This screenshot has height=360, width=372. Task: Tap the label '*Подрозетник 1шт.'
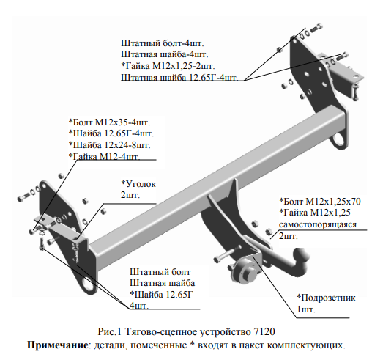[326, 304]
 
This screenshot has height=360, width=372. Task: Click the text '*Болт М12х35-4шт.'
[109, 122]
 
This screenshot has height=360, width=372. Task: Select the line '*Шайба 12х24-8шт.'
[109, 145]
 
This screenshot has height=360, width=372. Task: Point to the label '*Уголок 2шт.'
[138, 189]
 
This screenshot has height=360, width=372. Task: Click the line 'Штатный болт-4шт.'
[163, 43]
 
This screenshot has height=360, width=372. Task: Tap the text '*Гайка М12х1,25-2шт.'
[168, 66]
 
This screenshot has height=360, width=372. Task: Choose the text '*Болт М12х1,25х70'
[320, 201]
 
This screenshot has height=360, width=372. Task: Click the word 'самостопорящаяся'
[318, 224]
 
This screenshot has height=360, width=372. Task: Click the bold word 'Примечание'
[57, 345]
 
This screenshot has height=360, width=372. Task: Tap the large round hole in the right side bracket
[339, 140]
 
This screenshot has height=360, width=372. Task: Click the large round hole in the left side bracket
[86, 284]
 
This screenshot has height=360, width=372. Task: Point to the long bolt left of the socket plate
[227, 254]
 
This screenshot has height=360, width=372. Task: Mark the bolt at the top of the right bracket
[317, 28]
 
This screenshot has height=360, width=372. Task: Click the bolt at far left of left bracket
[23, 197]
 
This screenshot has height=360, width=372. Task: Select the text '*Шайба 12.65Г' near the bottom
[162, 295]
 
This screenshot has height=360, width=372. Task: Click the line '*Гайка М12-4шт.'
[105, 156]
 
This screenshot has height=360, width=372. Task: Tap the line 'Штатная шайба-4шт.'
[165, 54]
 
